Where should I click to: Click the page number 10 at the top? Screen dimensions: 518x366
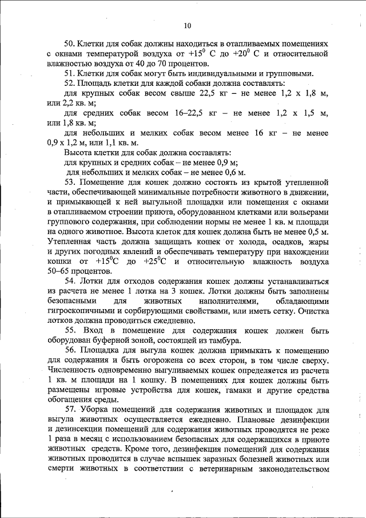click(188, 25)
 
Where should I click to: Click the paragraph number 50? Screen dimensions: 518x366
click(69, 44)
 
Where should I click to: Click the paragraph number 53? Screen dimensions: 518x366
click(69, 182)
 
